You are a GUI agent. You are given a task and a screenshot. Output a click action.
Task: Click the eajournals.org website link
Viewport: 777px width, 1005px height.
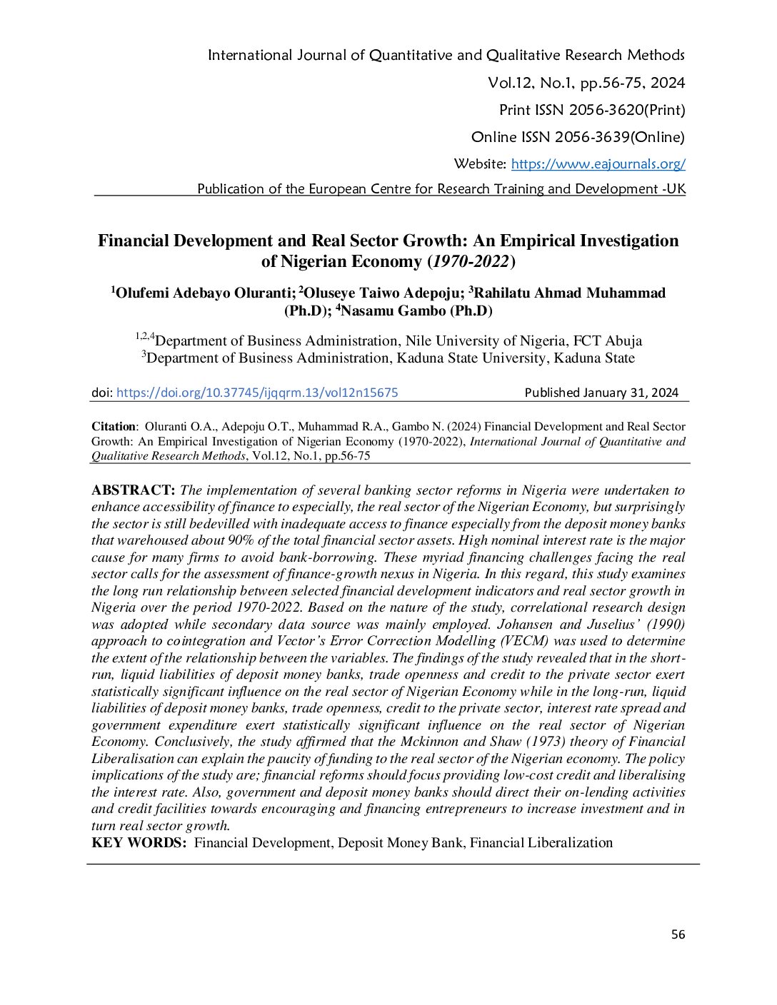click(x=598, y=164)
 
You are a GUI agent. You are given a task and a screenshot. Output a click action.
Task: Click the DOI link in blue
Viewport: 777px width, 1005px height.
click(x=257, y=393)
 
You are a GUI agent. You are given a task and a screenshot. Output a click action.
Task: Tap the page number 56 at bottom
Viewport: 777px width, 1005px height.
click(x=678, y=934)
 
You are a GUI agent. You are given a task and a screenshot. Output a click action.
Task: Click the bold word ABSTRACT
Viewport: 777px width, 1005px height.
click(x=133, y=490)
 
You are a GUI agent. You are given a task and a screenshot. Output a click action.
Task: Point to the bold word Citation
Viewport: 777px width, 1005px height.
click(x=113, y=427)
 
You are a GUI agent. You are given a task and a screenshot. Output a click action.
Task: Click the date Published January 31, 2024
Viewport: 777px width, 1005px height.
click(x=601, y=393)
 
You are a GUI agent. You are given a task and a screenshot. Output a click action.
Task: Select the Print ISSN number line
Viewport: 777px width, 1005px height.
click(x=591, y=110)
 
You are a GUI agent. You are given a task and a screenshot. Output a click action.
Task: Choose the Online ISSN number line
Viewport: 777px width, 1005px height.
click(x=577, y=137)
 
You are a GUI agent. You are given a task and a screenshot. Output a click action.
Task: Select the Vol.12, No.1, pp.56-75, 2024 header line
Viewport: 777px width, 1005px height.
click(x=586, y=83)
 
